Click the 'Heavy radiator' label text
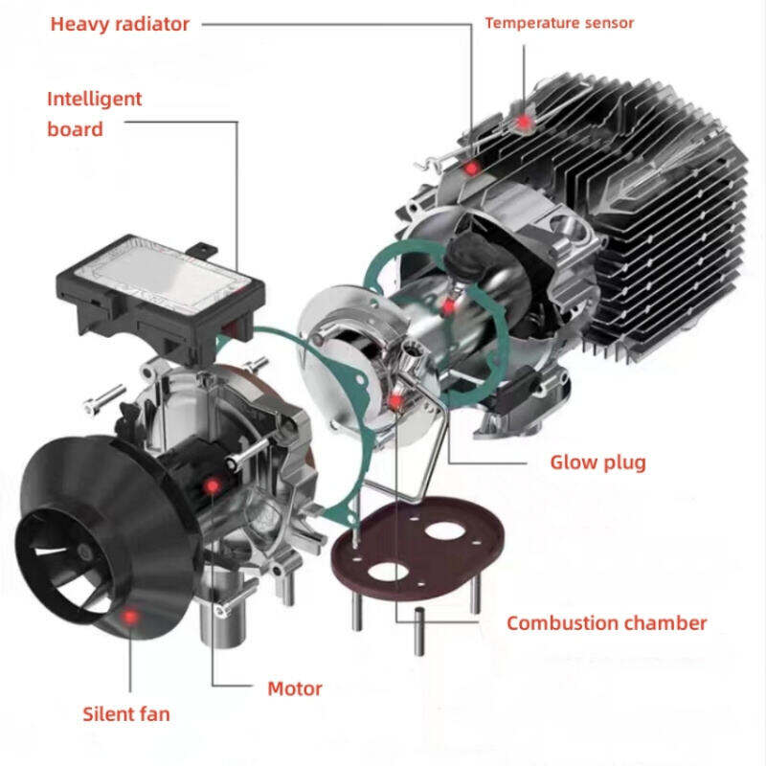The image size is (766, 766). point(120,24)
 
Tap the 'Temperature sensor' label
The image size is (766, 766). point(559,23)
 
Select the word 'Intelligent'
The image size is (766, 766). point(95,99)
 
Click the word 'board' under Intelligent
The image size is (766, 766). point(75,128)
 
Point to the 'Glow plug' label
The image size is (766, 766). point(597,463)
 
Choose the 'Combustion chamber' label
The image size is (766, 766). point(606,623)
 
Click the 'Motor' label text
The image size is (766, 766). point(294,688)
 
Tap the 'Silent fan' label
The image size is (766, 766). point(126,713)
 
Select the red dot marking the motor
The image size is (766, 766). point(212,486)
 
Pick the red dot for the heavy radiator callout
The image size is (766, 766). point(471,169)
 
